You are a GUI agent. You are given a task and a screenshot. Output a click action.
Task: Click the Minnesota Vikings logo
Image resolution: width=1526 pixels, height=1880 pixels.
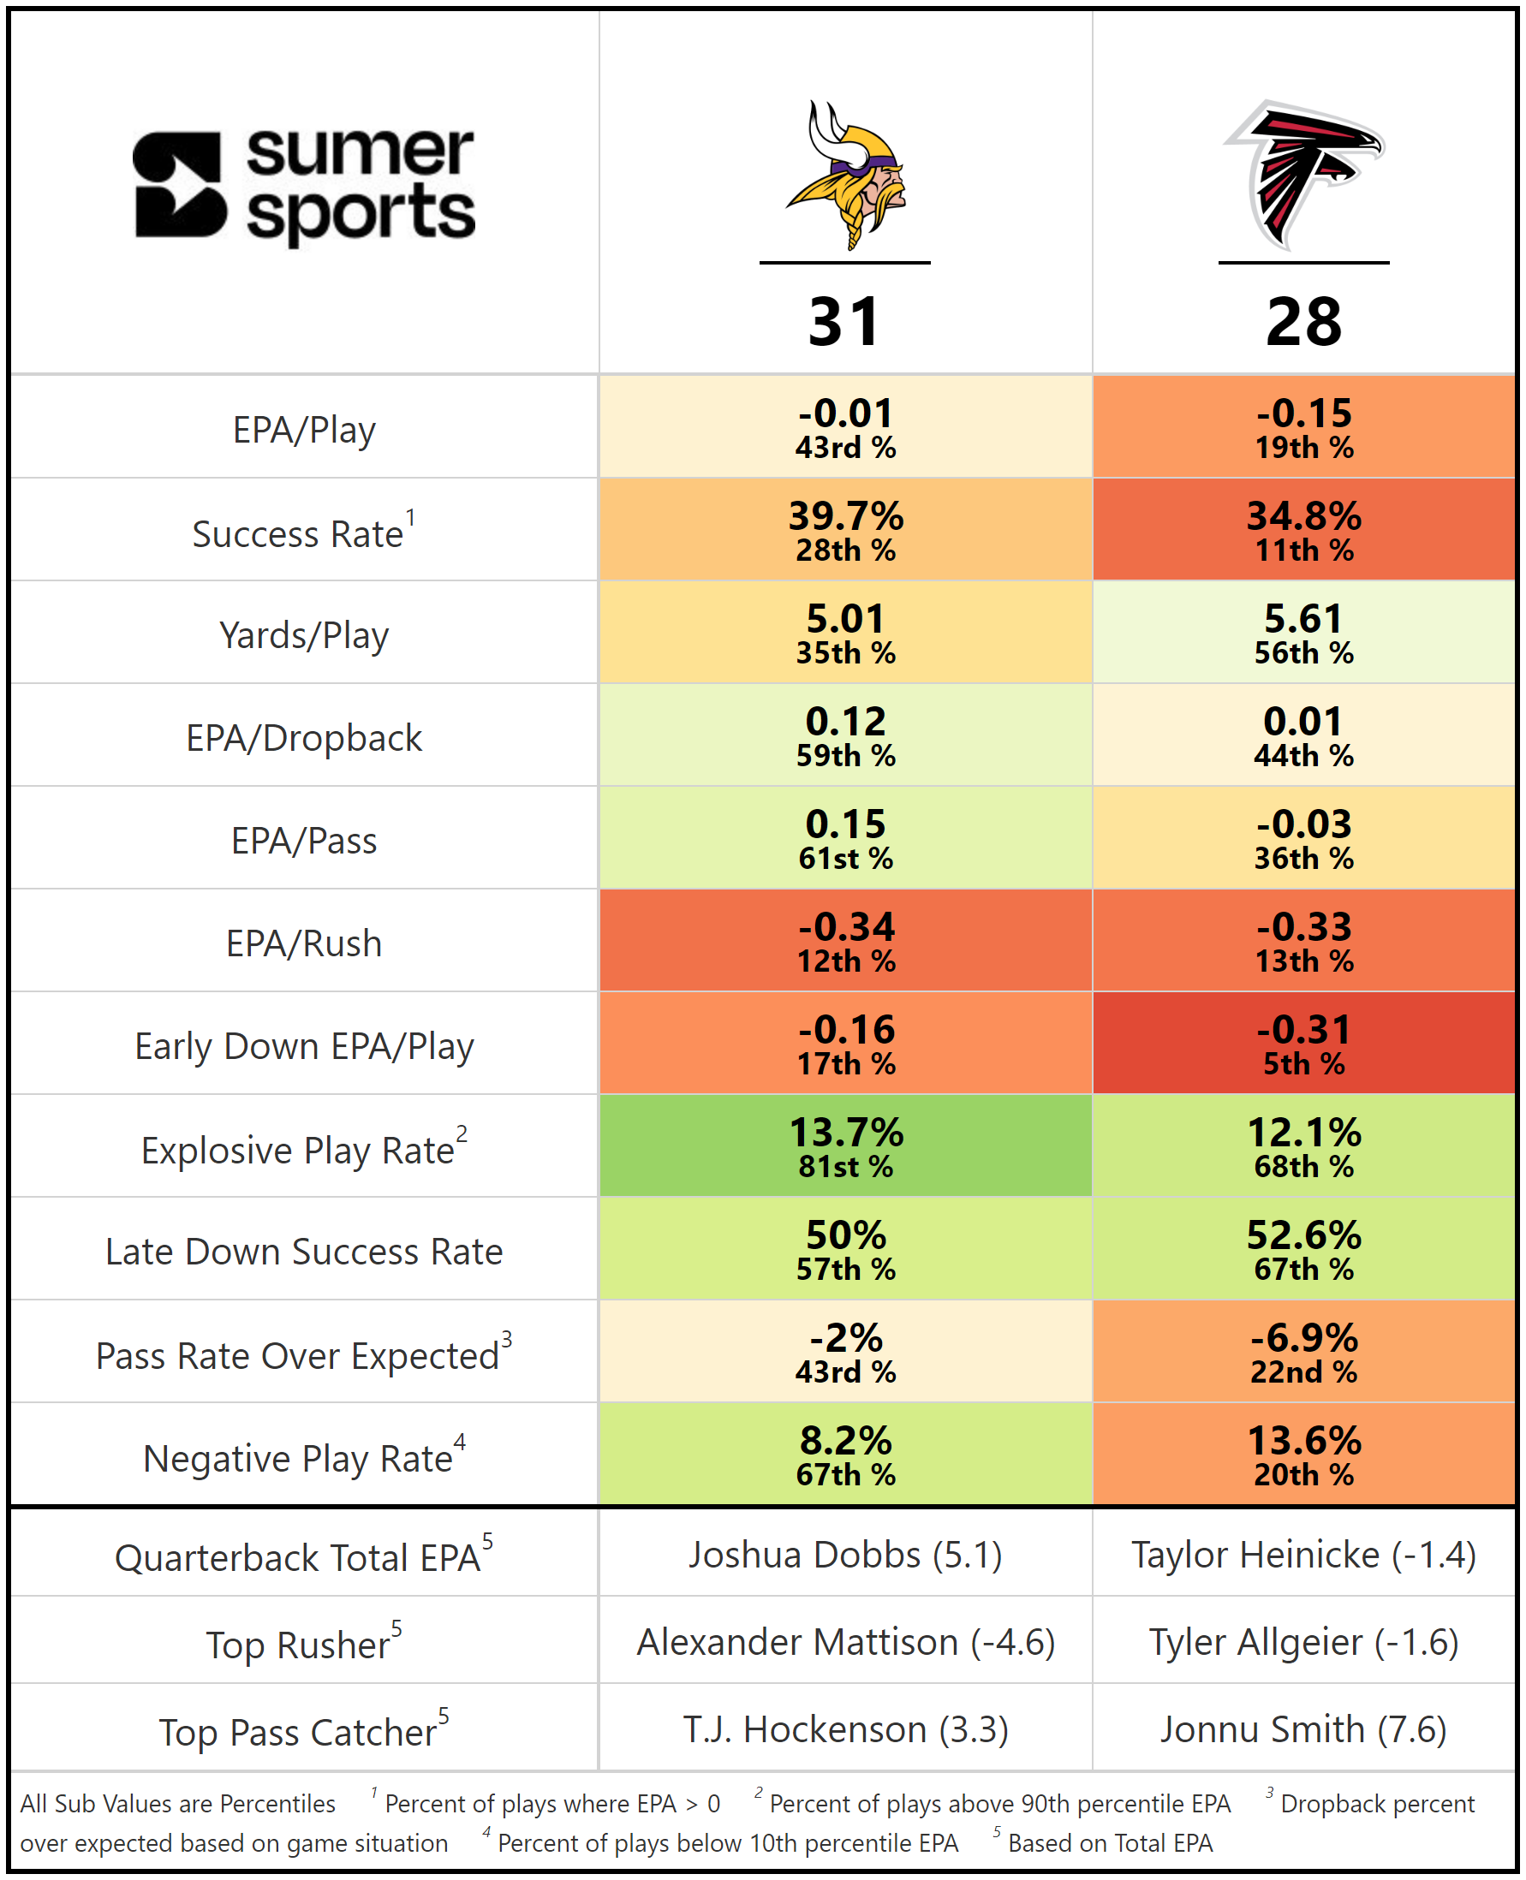(845, 175)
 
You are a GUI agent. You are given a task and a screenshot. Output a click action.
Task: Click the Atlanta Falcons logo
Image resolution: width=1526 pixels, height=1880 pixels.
(1303, 175)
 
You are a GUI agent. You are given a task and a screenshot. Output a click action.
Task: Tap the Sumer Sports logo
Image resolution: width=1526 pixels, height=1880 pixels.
(304, 186)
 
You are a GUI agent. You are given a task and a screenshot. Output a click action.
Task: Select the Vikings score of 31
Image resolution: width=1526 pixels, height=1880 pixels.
(844, 322)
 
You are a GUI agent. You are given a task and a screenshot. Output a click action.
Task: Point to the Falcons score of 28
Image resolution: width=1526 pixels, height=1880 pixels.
(1303, 322)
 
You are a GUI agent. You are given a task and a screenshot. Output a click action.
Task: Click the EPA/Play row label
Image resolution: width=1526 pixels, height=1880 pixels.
(304, 430)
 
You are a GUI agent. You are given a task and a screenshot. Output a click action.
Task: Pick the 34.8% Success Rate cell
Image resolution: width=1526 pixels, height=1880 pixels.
(1303, 529)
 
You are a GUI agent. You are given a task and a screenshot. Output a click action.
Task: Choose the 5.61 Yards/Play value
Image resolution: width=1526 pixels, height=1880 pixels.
(1303, 620)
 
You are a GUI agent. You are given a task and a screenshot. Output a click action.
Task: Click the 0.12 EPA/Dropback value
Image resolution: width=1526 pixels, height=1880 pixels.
(845, 723)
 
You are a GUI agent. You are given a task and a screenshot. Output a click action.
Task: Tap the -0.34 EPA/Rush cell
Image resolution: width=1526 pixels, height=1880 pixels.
(845, 941)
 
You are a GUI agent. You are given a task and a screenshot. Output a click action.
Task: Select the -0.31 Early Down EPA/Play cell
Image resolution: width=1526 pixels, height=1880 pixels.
(1303, 1044)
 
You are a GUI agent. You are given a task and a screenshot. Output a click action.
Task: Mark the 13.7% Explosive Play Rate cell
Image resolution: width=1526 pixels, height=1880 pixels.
(845, 1146)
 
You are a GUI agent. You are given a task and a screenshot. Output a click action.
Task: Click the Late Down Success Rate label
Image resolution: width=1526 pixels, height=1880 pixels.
(304, 1251)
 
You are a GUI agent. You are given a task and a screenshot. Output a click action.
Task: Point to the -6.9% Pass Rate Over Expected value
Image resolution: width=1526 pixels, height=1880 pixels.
(1303, 1339)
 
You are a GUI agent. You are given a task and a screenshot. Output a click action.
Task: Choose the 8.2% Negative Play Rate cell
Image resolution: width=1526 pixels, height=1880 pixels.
(845, 1455)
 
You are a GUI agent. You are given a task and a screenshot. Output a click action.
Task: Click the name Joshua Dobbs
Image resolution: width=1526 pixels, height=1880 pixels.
(804, 1555)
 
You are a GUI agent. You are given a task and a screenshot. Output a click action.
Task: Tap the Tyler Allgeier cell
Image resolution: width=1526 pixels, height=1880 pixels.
(1303, 1642)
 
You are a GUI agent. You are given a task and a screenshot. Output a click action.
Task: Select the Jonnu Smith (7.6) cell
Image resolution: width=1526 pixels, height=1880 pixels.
(1303, 1728)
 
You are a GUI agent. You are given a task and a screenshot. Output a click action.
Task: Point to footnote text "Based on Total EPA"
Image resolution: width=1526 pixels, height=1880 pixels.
(1109, 1843)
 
